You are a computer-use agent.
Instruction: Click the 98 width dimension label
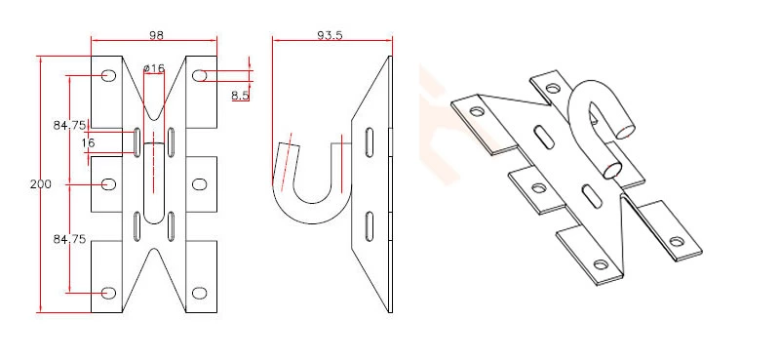pyautogui.click(x=156, y=35)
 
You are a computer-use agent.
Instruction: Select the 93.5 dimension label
pyautogui.click(x=330, y=35)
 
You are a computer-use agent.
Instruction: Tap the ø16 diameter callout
pyautogui.click(x=154, y=67)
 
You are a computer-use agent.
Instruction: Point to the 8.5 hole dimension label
pyautogui.click(x=240, y=96)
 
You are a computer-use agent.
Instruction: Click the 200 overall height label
pyautogui.click(x=40, y=184)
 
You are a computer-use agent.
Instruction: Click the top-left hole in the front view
pyautogui.click(x=108, y=75)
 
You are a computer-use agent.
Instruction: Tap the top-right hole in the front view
pyautogui.click(x=200, y=75)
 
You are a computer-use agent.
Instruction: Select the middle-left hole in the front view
pyautogui.click(x=108, y=183)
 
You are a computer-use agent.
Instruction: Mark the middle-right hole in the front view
pyautogui.click(x=200, y=183)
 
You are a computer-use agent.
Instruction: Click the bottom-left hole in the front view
pyautogui.click(x=108, y=292)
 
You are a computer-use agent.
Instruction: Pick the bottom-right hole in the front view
pyautogui.click(x=200, y=292)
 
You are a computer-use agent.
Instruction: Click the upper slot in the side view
pyautogui.click(x=370, y=142)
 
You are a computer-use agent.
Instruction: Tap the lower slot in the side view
pyautogui.click(x=370, y=226)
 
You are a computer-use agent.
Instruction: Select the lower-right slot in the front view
pyautogui.click(x=171, y=226)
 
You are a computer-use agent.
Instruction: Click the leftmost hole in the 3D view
pyautogui.click(x=476, y=111)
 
